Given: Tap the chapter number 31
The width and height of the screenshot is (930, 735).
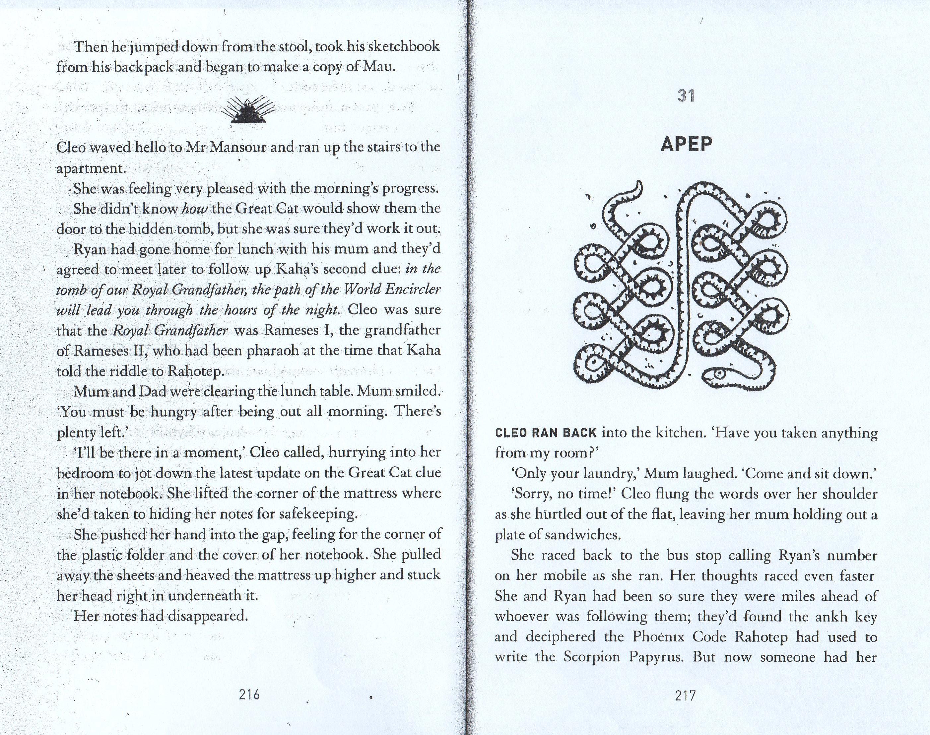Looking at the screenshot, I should [686, 96].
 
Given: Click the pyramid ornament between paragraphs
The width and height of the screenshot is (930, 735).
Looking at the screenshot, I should [248, 110].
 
